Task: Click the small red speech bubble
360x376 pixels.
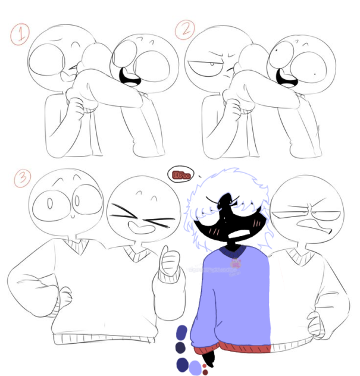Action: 177,175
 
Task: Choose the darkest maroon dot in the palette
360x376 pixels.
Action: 205,372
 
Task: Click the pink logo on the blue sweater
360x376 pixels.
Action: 236,263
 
